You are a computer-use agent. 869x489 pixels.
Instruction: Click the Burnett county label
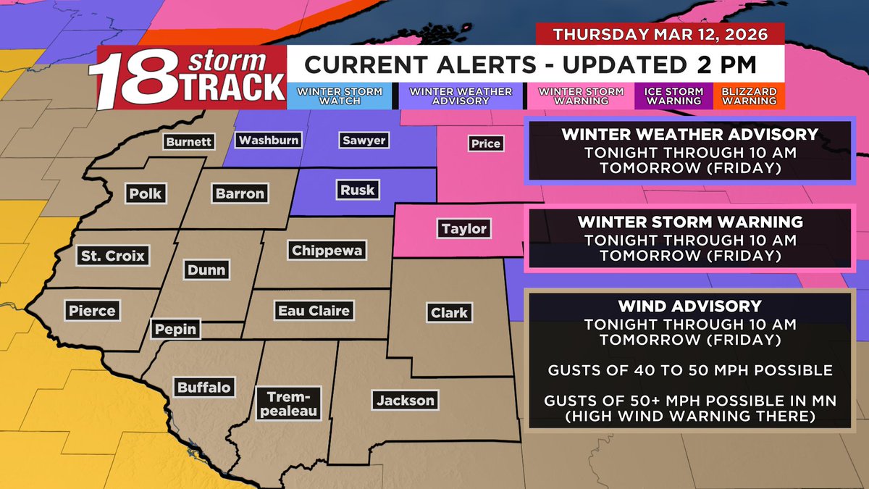click(x=189, y=142)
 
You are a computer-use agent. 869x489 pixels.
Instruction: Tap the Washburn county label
click(x=269, y=140)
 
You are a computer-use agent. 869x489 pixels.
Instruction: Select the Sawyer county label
click(x=364, y=141)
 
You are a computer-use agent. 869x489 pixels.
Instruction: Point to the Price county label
click(x=485, y=143)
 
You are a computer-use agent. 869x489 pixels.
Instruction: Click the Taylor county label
click(x=464, y=229)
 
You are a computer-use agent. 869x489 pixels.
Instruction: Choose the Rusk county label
click(x=357, y=191)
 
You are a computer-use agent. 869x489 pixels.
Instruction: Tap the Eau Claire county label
click(x=314, y=311)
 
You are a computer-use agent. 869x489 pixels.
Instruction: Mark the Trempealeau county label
click(x=289, y=404)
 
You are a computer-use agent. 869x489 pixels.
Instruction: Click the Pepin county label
click(x=176, y=329)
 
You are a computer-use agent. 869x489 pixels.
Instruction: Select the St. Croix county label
click(x=112, y=256)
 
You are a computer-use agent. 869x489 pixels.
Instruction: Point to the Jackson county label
click(x=405, y=400)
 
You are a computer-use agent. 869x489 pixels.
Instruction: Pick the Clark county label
click(x=449, y=313)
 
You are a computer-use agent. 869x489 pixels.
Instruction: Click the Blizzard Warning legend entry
click(x=750, y=96)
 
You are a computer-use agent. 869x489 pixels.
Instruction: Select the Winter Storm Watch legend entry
click(x=340, y=96)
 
